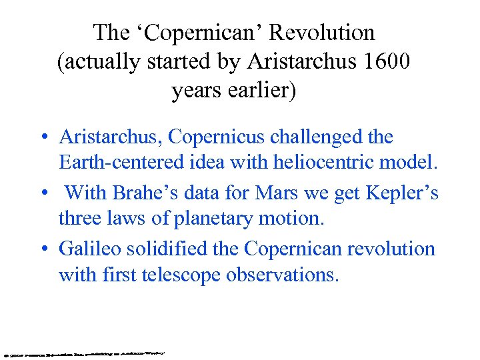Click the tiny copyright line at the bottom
pyautogui.click(x=83, y=351)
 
